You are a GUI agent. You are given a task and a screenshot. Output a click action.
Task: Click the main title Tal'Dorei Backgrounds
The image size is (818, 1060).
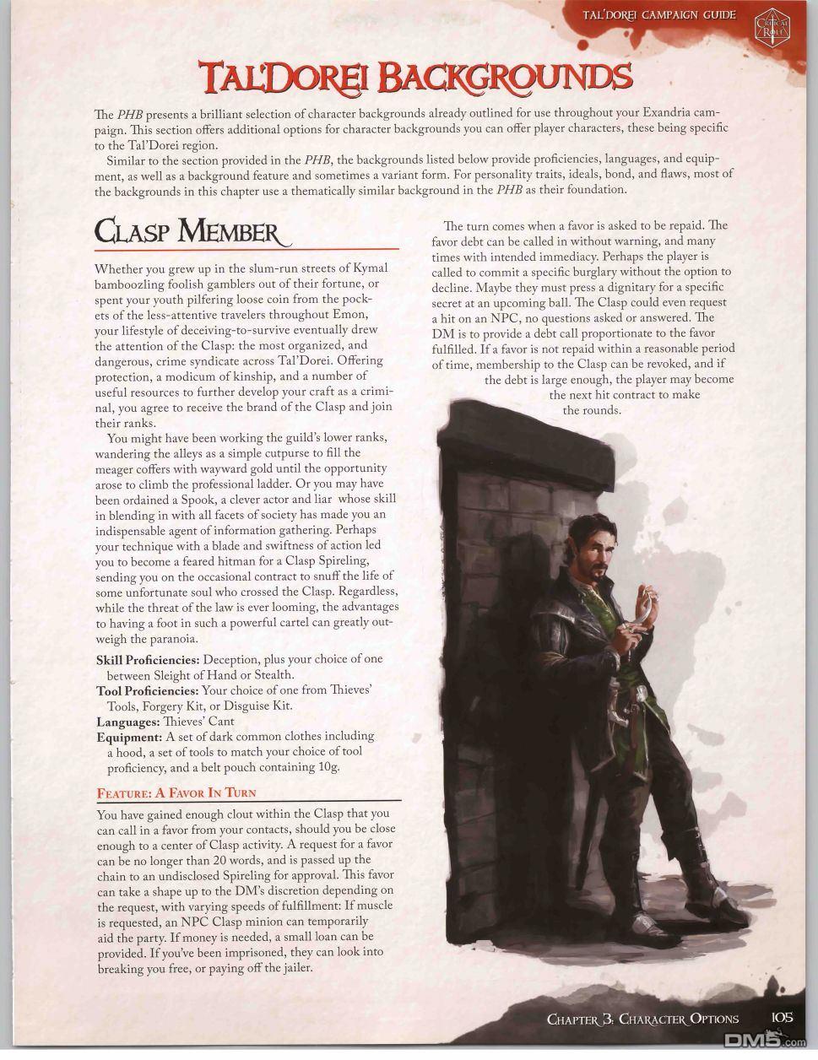point(409,78)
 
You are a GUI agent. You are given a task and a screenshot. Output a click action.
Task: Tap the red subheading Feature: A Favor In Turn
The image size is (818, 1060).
point(176,793)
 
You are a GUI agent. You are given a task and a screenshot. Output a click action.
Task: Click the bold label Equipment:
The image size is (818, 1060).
point(129,737)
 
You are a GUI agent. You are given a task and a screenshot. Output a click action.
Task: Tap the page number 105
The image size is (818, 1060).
point(782,1018)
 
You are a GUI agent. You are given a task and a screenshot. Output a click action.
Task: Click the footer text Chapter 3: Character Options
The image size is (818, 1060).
point(642,1019)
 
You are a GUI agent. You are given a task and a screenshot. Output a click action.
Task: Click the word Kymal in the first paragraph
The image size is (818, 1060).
point(370,268)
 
